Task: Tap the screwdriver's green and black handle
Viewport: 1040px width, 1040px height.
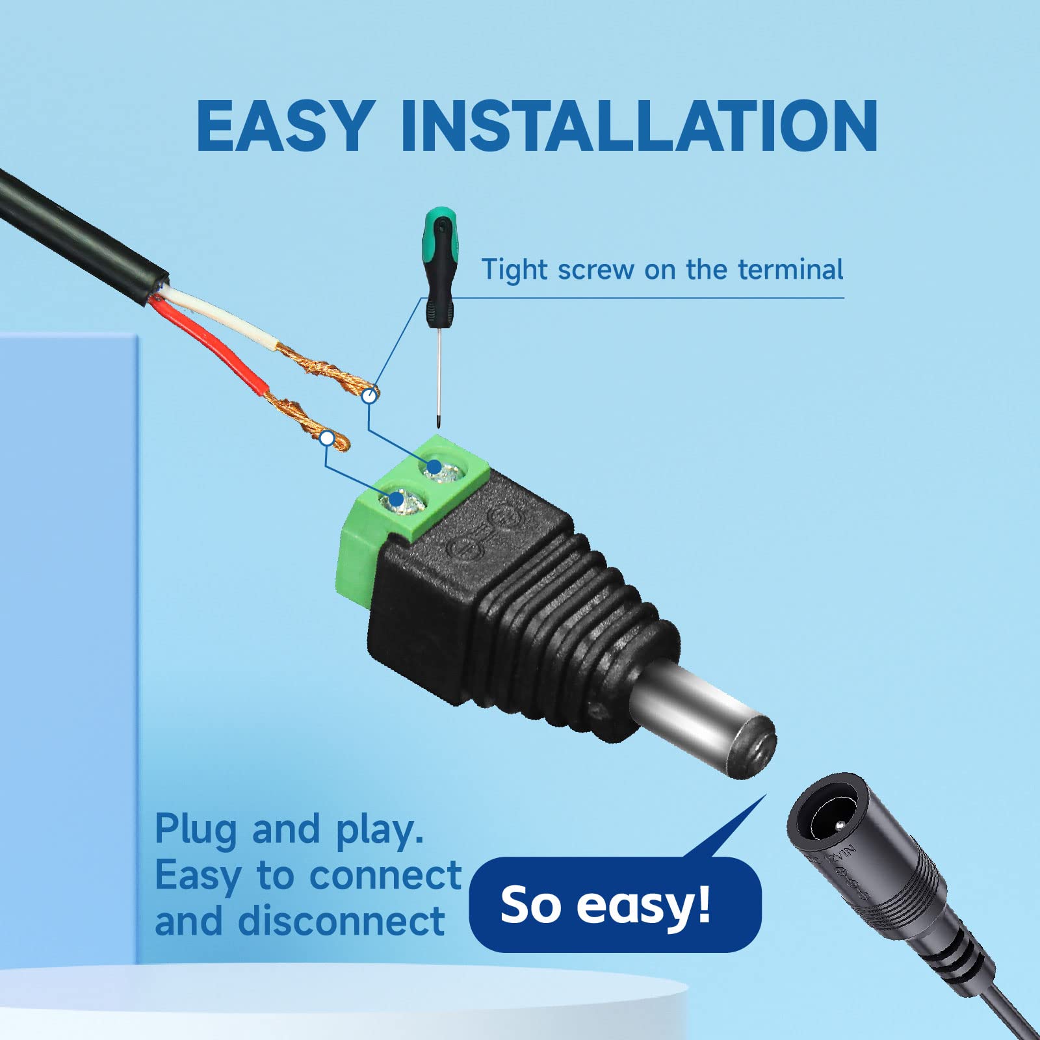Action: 441,267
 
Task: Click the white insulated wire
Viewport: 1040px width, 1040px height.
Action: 221,319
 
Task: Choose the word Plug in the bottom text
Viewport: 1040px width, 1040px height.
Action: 195,831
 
